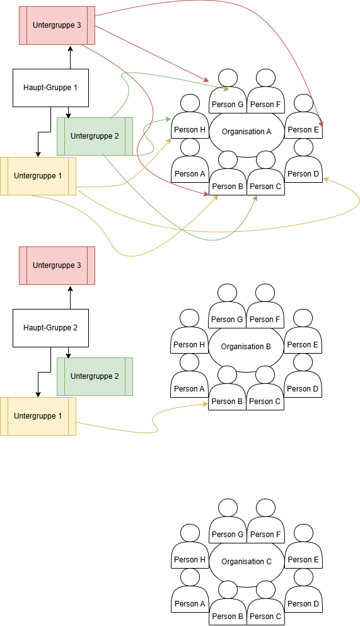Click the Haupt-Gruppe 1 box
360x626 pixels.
coord(50,88)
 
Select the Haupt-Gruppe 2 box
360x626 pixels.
coord(50,328)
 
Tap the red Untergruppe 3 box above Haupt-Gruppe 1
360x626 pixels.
coord(57,25)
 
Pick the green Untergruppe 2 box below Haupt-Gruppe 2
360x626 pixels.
coord(95,376)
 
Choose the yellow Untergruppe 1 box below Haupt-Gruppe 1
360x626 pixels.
coord(38,176)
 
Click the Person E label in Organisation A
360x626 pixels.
coord(303,130)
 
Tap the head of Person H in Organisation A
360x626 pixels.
coord(190,103)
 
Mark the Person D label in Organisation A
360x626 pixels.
coord(303,174)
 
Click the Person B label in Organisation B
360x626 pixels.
coord(227,402)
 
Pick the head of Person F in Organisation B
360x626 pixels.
coord(265,293)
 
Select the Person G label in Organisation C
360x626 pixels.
coord(228,535)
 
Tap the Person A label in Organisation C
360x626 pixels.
coord(190,604)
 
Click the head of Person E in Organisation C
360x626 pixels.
coord(304,533)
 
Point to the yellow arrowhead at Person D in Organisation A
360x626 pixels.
coord(326,179)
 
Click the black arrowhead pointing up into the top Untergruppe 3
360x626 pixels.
coord(70,49)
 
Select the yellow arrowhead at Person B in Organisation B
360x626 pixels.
coord(206,404)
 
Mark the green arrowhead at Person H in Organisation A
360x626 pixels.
coord(168,119)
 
